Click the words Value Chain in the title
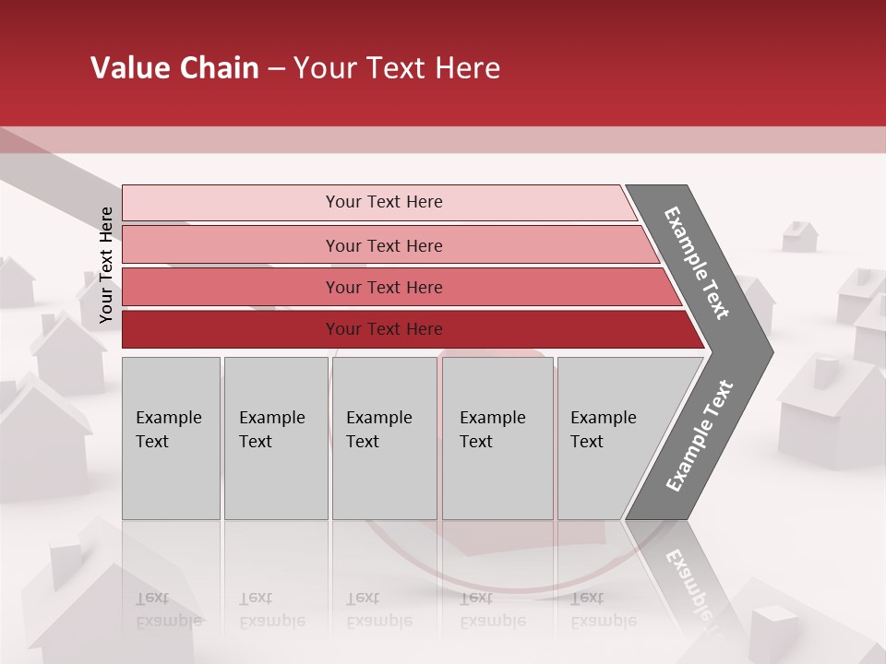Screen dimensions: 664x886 (174, 68)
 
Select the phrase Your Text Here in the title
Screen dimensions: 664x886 (397, 68)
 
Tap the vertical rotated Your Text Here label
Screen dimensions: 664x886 (106, 266)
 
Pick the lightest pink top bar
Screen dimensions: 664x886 (378, 202)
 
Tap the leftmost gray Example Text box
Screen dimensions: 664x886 (171, 438)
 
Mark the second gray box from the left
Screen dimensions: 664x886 (275, 438)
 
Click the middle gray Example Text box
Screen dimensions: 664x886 (384, 438)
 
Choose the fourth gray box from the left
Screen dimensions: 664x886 (497, 438)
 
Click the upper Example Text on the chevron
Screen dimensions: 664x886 (697, 262)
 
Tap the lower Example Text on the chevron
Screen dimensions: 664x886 (699, 436)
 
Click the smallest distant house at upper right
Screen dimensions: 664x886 (799, 236)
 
